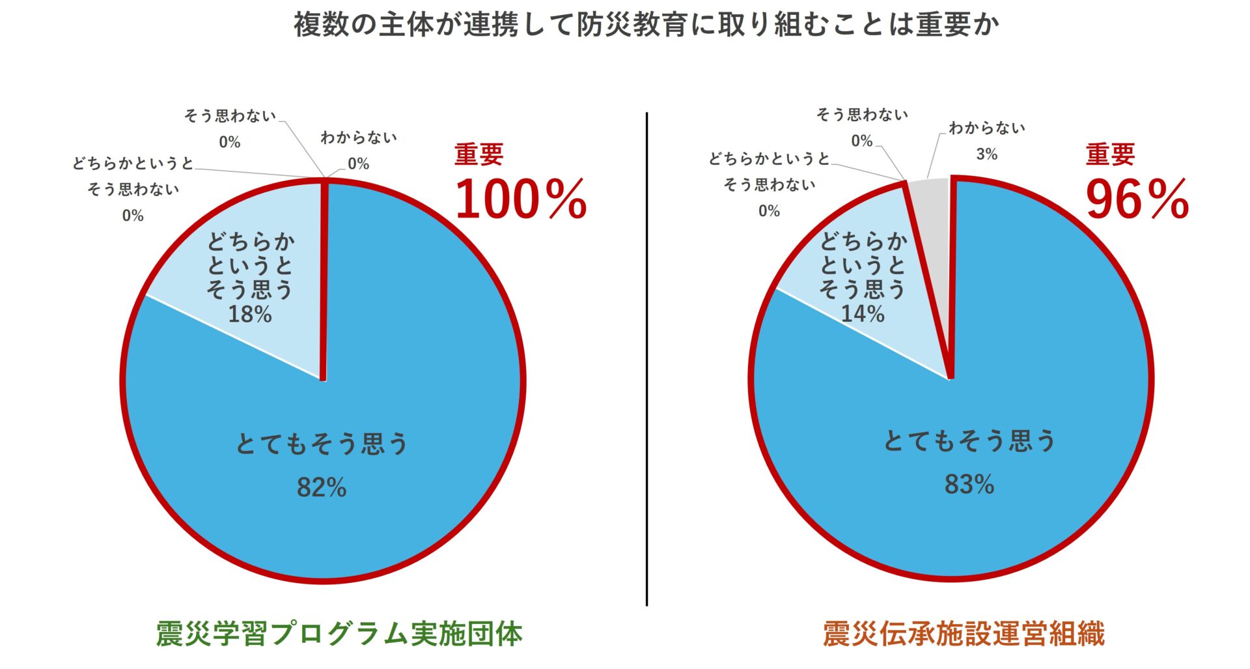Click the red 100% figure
click(x=521, y=199)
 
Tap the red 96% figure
click(x=1137, y=199)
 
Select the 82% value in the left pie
click(x=322, y=487)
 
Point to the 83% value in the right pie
click(x=969, y=485)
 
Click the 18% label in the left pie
click(x=250, y=315)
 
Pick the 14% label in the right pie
click(x=863, y=314)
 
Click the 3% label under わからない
click(x=986, y=154)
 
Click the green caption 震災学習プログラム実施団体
click(x=339, y=634)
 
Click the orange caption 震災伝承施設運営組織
click(x=964, y=634)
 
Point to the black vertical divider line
click(x=646, y=358)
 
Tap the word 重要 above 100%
click(x=479, y=154)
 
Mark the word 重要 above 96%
click(x=1110, y=154)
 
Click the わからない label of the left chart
click(x=359, y=137)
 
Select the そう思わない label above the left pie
click(x=230, y=116)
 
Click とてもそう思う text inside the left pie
click(x=322, y=444)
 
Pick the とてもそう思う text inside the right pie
click(x=969, y=442)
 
